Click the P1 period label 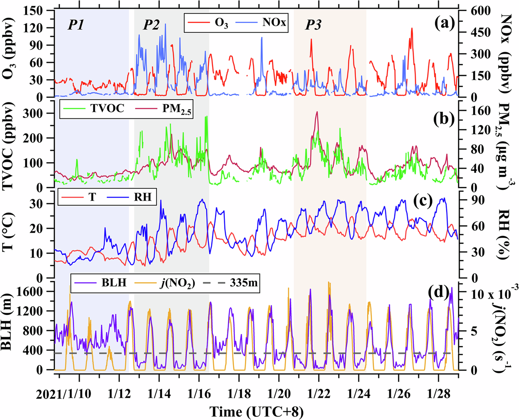76,25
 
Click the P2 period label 151,25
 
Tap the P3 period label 313,25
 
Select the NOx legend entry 274,22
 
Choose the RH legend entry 143,197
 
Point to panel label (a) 444,24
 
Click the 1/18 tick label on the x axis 239,394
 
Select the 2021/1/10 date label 64,394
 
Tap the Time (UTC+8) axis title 256,412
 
